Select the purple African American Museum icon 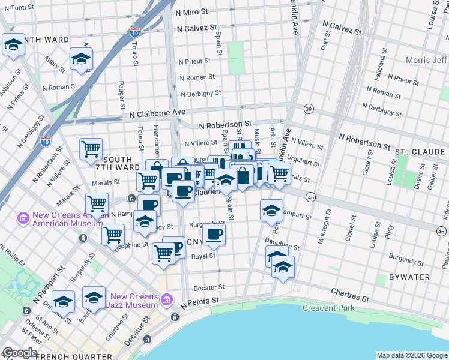tap(23, 217)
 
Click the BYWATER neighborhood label tap(409, 277)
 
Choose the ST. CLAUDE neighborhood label tap(418, 151)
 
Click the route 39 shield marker tap(309, 109)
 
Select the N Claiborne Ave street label tap(157, 112)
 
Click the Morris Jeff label tap(426, 61)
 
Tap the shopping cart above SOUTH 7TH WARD tap(91, 148)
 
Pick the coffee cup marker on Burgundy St tap(214, 234)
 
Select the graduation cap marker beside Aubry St tap(80, 59)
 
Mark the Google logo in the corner tap(19, 353)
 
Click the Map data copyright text tap(411, 355)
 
